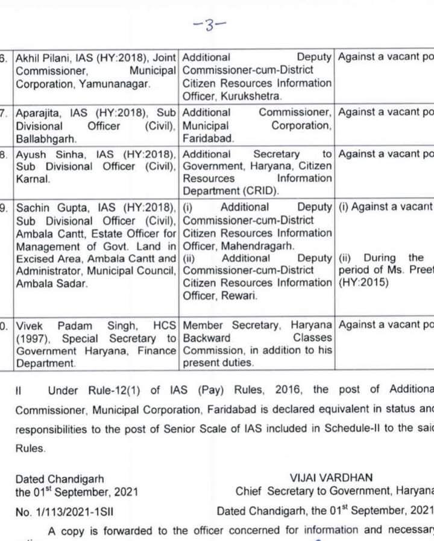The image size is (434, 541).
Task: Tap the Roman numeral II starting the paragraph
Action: click(x=19, y=390)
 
